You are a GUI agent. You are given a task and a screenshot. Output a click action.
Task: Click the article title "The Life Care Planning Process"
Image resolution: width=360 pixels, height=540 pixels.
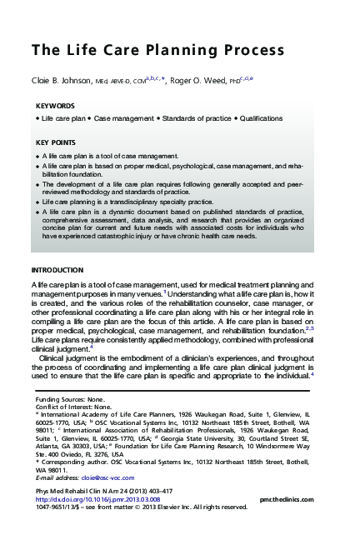[145, 50]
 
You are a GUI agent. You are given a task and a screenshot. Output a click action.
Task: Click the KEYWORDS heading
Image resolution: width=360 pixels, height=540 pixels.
[56, 107]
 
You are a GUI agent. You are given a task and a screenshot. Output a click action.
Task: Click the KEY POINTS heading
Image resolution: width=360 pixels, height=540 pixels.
[57, 142]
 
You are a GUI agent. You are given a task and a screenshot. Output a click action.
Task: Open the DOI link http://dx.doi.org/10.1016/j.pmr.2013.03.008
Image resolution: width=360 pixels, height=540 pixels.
[92, 498]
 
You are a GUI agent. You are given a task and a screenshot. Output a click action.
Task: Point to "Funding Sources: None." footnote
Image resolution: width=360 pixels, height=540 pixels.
[69, 400]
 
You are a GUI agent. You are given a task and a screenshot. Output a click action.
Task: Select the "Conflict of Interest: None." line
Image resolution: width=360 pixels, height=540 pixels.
[73, 407]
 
